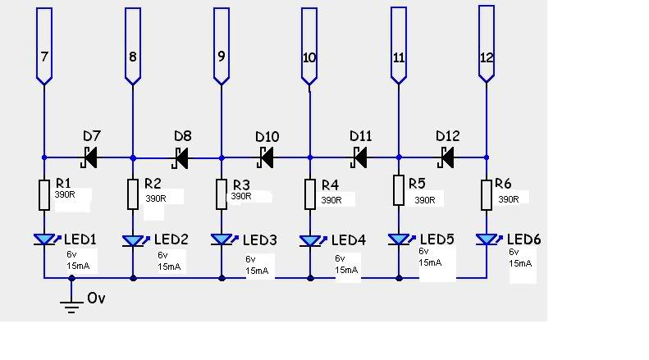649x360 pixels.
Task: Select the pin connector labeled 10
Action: click(x=309, y=45)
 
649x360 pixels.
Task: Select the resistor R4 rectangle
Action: click(x=309, y=195)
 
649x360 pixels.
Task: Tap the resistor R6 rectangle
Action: click(x=487, y=195)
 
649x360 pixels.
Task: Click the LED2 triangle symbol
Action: click(x=133, y=241)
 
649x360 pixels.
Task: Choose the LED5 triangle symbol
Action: click(x=400, y=240)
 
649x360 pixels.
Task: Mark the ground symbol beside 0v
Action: click(x=71, y=305)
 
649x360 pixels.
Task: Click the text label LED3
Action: click(x=257, y=240)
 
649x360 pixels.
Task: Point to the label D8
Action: click(x=182, y=135)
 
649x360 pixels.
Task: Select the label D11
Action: click(x=360, y=135)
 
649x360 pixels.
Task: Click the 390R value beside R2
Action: click(x=155, y=198)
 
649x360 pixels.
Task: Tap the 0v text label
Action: click(x=96, y=298)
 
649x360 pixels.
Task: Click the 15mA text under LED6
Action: click(x=521, y=263)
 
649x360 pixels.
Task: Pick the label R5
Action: click(x=417, y=183)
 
